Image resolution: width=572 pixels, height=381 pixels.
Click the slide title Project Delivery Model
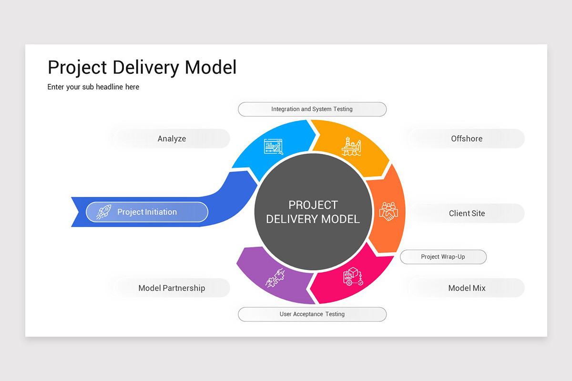[142, 68]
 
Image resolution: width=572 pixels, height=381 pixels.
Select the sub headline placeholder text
[93, 87]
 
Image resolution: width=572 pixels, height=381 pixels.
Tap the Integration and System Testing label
[312, 109]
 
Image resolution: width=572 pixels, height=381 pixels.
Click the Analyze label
[172, 139]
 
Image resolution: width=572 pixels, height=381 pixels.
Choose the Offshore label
[467, 139]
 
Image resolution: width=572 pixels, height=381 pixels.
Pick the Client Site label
[467, 213]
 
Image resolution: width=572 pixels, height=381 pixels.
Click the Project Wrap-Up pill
[443, 257]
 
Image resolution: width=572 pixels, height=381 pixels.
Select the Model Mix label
[467, 288]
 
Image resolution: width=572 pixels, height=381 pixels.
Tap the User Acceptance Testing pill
[312, 314]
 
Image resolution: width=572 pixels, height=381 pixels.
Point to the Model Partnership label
[172, 288]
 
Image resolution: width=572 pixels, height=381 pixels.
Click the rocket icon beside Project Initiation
[103, 212]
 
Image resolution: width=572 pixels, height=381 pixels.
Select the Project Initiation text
[147, 212]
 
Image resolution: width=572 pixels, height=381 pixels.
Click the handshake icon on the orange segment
[388, 211]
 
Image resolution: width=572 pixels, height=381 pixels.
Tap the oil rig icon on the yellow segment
[351, 146]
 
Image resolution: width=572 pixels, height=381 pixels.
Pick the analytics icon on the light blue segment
[274, 147]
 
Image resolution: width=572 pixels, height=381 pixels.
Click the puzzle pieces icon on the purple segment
[275, 277]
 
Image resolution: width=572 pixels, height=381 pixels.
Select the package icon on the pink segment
[353, 276]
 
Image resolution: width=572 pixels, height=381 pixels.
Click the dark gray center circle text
[313, 212]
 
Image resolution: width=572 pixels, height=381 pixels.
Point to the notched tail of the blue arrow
[76, 212]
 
